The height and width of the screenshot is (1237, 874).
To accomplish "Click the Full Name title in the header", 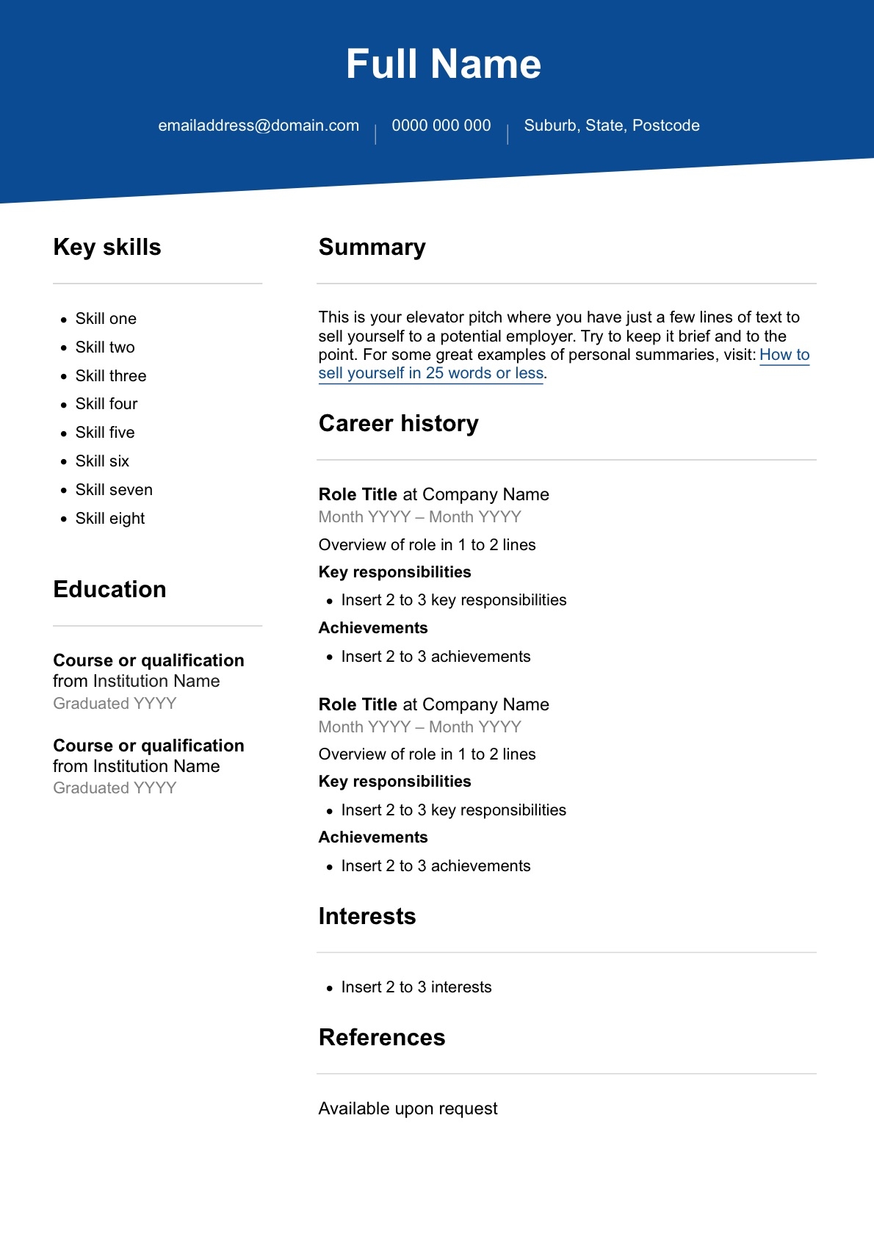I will [443, 64].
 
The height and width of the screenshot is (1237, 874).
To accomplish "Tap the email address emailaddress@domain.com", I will [259, 126].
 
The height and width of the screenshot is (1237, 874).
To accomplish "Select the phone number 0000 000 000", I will [441, 126].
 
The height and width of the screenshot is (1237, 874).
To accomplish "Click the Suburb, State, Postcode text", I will [611, 126].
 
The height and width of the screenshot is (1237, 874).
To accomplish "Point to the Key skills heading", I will [107, 248].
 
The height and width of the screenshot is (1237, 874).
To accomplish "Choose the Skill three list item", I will [111, 376].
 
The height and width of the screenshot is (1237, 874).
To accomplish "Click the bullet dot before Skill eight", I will [64, 519].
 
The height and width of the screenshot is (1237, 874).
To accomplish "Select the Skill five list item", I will [105, 433].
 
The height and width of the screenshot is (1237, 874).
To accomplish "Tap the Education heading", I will [109, 590].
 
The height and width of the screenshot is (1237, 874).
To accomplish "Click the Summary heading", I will [372, 248].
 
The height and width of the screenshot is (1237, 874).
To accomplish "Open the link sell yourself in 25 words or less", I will [430, 373].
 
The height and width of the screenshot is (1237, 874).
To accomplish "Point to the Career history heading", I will [398, 424].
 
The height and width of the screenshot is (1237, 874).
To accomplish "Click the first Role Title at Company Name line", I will [433, 494].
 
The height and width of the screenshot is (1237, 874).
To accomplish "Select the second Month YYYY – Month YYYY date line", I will [419, 727].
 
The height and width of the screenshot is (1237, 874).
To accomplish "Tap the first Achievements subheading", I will [373, 628].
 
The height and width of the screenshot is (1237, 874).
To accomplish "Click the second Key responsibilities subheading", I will [394, 782].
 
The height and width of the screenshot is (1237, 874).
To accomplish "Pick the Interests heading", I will [366, 917].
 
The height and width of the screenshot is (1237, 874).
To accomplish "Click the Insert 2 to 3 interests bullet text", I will [416, 987].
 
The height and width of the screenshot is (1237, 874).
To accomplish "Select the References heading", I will [381, 1038].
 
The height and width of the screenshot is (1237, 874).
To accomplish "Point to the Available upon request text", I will [408, 1108].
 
